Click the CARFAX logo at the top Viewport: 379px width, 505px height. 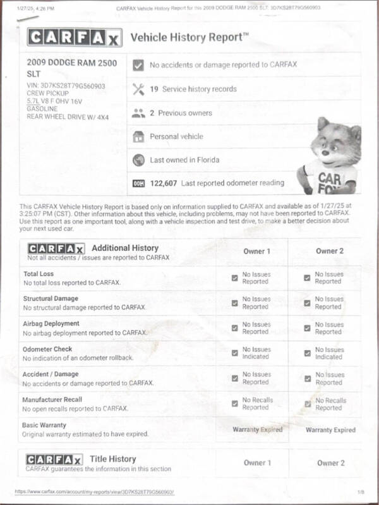(74, 38)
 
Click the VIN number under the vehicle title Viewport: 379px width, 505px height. (66, 86)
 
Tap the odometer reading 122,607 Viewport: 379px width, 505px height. (164, 183)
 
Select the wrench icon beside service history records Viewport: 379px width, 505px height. (138, 89)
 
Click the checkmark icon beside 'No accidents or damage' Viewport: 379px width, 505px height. (138, 64)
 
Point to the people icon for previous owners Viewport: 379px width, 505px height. (138, 113)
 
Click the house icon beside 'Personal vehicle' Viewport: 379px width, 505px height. (138, 137)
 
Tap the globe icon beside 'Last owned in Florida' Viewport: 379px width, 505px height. (138, 160)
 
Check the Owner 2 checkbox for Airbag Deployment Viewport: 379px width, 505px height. (307, 328)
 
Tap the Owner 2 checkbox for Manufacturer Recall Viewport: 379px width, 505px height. (308, 404)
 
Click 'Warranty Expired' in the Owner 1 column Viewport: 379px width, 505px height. (257, 430)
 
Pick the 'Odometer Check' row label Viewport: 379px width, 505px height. (47, 349)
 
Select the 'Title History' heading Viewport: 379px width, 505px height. (114, 459)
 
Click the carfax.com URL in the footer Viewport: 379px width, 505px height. (94, 491)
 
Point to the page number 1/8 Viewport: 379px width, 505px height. (361, 491)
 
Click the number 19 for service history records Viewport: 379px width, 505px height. (153, 89)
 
